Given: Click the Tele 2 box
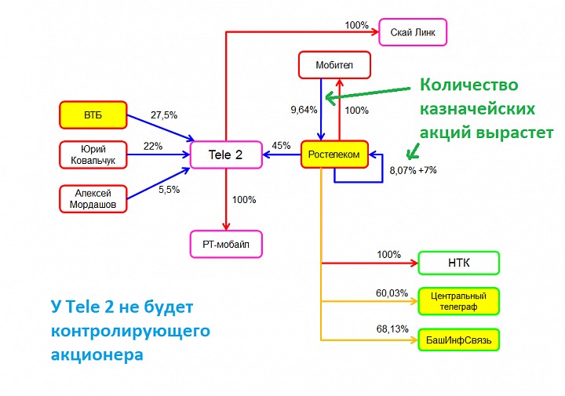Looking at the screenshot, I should click(x=225, y=154).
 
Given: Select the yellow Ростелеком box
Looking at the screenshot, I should click(x=334, y=154).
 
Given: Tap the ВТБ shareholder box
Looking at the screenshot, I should click(x=93, y=115).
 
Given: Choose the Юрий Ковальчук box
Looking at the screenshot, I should click(x=93, y=154).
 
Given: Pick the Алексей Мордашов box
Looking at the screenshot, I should click(x=93, y=198).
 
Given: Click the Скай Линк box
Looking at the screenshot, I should click(x=413, y=32).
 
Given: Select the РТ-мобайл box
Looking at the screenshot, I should click(x=226, y=244).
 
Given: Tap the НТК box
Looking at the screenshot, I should click(x=458, y=263).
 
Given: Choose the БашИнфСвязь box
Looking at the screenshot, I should click(x=459, y=340).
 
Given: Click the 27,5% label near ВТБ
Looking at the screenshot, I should click(x=162, y=115).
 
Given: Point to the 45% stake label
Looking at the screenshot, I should click(x=280, y=145).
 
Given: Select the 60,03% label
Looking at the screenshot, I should click(x=392, y=293).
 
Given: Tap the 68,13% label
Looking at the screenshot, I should click(x=392, y=329).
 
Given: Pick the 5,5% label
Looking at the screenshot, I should click(x=169, y=189).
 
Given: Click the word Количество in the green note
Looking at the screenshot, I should click(x=468, y=85).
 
